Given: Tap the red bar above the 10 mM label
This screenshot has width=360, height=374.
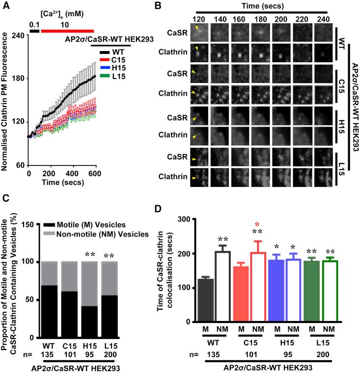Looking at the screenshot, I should pyautogui.click(x=67, y=30).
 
